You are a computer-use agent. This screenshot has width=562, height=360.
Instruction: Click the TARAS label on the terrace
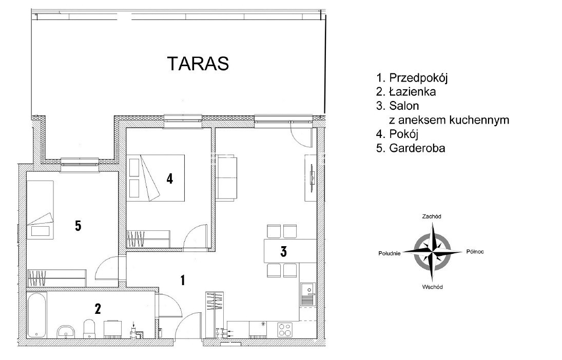pyautogui.click(x=198, y=64)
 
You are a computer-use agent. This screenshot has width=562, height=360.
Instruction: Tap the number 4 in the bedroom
pyautogui.click(x=169, y=178)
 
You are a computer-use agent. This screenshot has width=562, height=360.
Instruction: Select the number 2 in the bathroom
pyautogui.click(x=98, y=308)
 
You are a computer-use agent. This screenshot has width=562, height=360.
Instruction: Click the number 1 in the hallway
pyautogui.click(x=183, y=280)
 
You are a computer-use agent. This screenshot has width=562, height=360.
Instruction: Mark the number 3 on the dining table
pyautogui.click(x=283, y=251)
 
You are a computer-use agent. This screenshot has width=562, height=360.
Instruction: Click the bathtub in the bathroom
pyautogui.click(x=36, y=315)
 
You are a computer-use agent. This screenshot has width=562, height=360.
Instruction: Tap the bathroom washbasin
pyautogui.click(x=66, y=332)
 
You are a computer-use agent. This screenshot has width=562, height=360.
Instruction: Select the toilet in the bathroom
pyautogui.click(x=89, y=329)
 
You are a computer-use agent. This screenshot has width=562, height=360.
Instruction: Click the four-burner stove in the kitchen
pyautogui.click(x=285, y=330)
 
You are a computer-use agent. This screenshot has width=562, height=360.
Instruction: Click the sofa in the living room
pyautogui.click(x=226, y=177)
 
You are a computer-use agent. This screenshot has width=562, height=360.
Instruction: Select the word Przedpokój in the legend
pyautogui.click(x=418, y=78)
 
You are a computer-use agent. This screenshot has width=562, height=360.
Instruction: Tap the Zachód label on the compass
pyautogui.click(x=432, y=216)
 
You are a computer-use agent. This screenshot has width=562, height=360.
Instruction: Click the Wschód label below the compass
pyautogui.click(x=432, y=287)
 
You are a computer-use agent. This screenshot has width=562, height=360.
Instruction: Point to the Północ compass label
pyautogui.click(x=475, y=251)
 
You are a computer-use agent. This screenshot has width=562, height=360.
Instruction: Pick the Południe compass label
pyautogui.click(x=389, y=253)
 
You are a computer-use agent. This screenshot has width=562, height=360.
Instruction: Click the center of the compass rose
pyautogui.click(x=432, y=252)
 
